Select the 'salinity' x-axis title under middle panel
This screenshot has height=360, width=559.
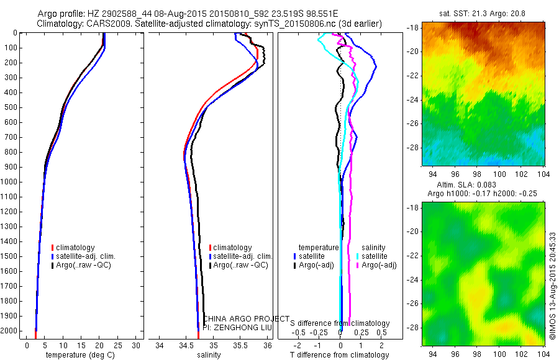point(209,356)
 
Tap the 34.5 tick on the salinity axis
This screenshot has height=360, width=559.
point(186,346)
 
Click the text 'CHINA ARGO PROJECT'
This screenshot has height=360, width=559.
point(246,318)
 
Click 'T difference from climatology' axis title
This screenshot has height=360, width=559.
point(339,356)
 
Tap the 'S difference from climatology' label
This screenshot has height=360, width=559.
point(340,323)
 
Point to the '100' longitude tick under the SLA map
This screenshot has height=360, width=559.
point(498,352)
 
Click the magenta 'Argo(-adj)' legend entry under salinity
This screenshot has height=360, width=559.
point(379,265)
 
